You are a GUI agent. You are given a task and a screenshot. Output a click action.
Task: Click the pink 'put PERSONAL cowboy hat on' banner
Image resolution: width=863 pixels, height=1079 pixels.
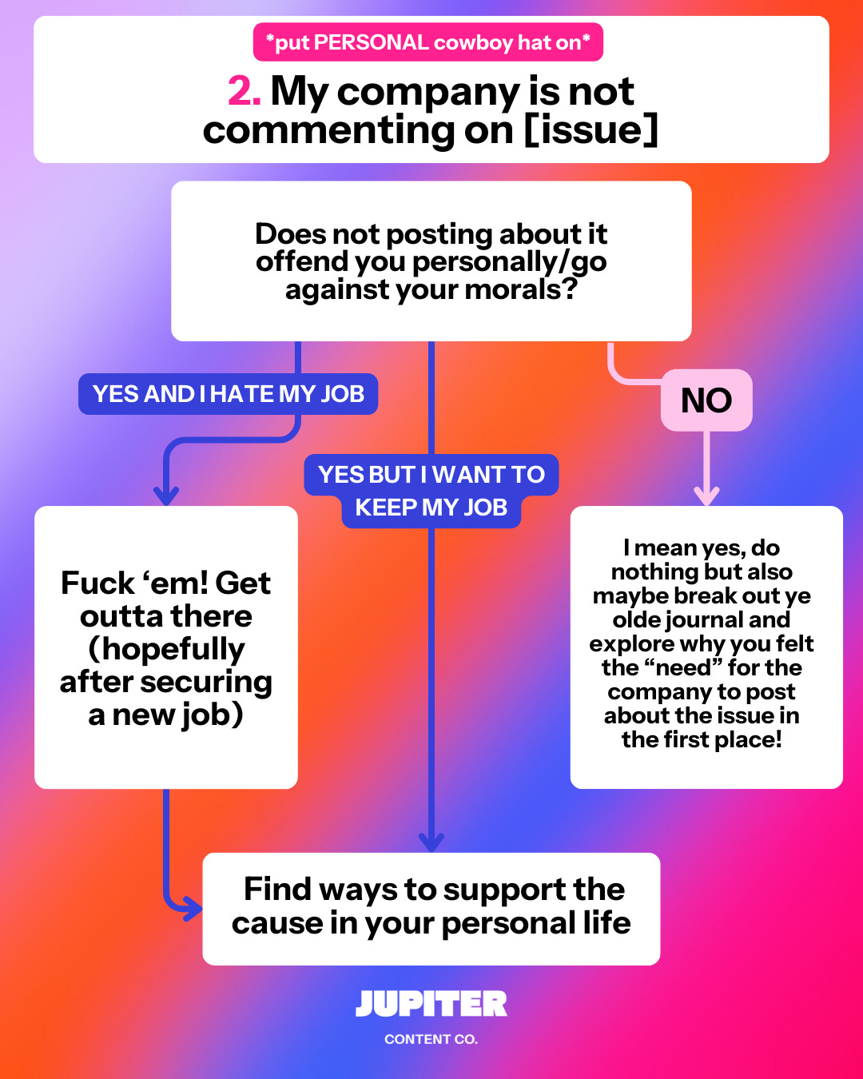[x=428, y=42]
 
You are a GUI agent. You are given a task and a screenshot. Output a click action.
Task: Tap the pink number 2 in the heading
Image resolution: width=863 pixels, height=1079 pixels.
[x=244, y=91]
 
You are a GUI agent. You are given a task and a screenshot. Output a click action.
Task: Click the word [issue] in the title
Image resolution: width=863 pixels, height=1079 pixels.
[x=591, y=130]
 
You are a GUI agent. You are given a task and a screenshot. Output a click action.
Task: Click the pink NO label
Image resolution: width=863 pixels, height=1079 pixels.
[x=706, y=400]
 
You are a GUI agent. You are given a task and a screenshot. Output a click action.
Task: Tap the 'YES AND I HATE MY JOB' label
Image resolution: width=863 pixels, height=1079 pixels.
[x=228, y=394]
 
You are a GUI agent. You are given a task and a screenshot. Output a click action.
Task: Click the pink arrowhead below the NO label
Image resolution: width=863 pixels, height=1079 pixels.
[x=706, y=496]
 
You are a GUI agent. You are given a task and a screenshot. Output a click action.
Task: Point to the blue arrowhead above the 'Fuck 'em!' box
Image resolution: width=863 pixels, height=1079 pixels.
[x=166, y=496]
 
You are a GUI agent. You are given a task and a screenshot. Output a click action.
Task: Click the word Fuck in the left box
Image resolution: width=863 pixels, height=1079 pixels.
[x=97, y=583]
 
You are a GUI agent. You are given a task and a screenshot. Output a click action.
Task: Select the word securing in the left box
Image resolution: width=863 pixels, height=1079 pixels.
[x=217, y=682]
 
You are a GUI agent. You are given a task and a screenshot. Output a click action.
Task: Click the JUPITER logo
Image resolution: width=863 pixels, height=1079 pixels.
[x=431, y=1004]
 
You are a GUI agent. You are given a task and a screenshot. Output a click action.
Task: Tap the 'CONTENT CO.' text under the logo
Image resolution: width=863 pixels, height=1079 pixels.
[x=431, y=1039]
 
